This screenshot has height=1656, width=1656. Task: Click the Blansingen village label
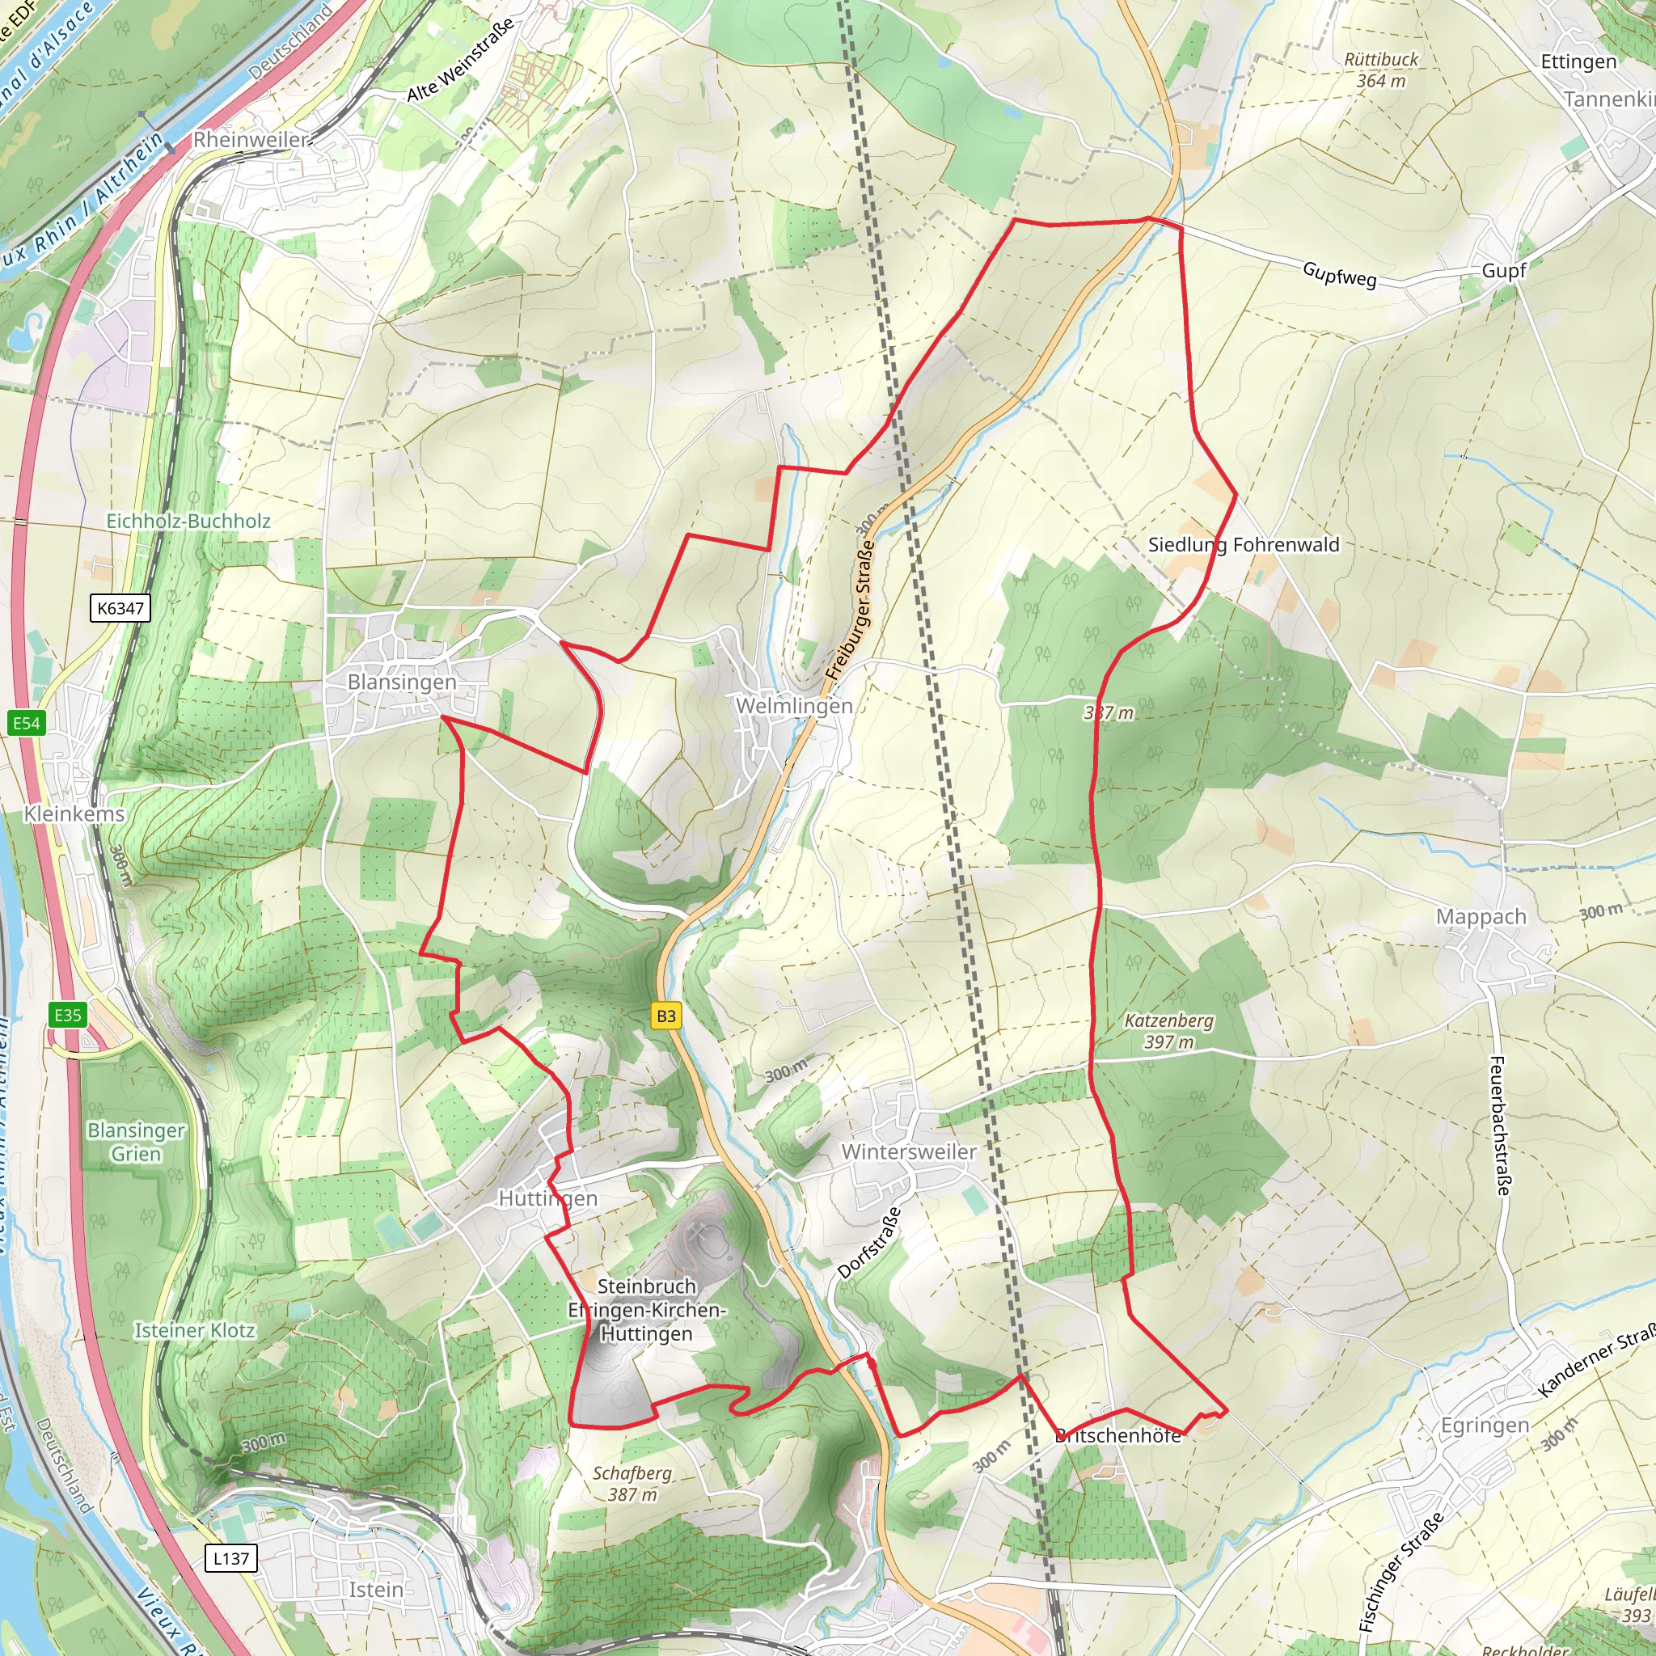(x=401, y=682)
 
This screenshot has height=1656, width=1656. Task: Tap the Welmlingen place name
(x=794, y=706)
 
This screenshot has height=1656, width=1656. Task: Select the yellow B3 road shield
(x=666, y=1016)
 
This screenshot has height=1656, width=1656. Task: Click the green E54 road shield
(x=26, y=724)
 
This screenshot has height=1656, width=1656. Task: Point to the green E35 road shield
(x=68, y=1016)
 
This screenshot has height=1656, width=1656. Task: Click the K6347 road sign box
(x=120, y=609)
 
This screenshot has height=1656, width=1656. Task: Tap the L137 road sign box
(x=230, y=1558)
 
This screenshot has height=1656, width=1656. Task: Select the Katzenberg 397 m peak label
(x=1168, y=1031)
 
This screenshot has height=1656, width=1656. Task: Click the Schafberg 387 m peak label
(x=632, y=1484)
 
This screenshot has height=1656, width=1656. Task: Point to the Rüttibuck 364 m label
(x=1381, y=70)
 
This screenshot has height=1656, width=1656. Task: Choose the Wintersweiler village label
(x=909, y=1152)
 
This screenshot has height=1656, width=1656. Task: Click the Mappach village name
(x=1481, y=917)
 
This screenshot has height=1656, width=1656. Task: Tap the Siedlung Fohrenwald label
(x=1243, y=545)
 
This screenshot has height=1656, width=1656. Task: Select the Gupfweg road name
(x=1339, y=274)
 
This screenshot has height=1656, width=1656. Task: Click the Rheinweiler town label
(x=251, y=140)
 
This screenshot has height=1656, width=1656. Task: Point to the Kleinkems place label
(x=74, y=813)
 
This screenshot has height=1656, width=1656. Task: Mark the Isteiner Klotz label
(x=195, y=1330)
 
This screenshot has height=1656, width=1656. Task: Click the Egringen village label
(x=1485, y=1426)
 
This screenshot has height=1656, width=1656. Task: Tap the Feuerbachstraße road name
(x=1500, y=1126)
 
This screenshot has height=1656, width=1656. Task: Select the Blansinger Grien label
(x=137, y=1142)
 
